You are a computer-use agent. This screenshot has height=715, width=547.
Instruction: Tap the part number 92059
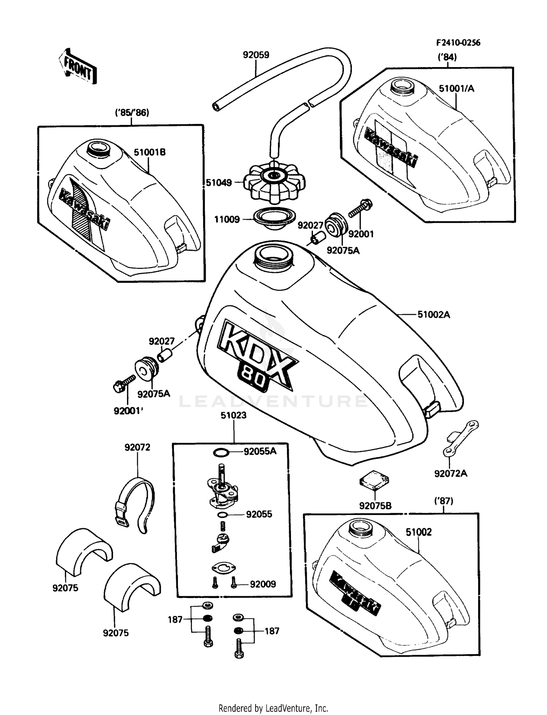(x=256, y=55)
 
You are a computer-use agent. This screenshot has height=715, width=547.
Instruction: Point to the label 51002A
(x=434, y=314)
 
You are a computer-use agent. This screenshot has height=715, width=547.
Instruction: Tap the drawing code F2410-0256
(x=458, y=43)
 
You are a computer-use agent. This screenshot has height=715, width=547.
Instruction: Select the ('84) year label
(x=447, y=57)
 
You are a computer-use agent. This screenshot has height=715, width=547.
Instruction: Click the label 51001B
(x=150, y=152)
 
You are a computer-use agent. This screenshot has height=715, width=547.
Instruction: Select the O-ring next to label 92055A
(x=221, y=453)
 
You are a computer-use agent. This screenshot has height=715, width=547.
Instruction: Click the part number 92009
(x=263, y=584)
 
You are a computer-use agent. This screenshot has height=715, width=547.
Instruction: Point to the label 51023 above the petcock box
(x=233, y=415)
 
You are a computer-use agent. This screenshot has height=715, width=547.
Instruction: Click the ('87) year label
(x=444, y=501)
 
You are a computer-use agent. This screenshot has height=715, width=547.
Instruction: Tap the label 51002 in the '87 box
(x=419, y=532)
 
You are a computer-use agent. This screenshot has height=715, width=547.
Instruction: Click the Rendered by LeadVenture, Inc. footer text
(x=273, y=708)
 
